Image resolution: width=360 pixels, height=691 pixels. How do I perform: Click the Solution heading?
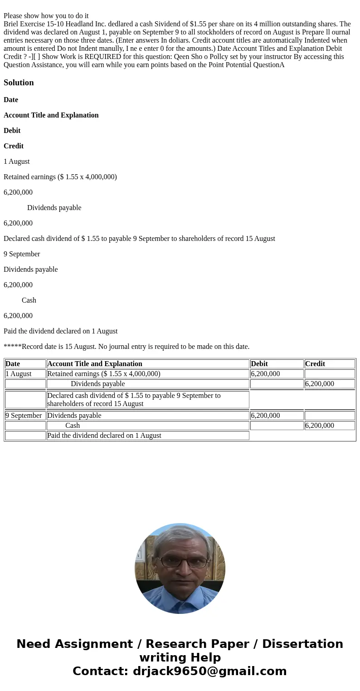point(19,83)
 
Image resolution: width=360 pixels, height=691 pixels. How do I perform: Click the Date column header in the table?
point(13,364)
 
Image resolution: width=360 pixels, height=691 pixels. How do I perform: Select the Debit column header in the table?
point(259,364)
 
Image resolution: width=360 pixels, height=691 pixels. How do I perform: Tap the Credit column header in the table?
point(315,364)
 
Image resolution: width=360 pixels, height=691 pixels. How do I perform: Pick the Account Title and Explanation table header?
point(95,364)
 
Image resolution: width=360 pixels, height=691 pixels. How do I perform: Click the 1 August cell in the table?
point(19,374)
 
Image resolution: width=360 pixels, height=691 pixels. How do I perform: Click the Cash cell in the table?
point(73,426)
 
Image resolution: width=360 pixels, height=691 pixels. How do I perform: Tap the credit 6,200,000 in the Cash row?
point(320,426)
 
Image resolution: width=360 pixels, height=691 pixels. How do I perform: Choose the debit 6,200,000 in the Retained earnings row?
point(265,374)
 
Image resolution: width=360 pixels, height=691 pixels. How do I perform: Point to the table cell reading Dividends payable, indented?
point(98,384)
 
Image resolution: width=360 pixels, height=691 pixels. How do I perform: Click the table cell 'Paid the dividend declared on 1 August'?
point(104,436)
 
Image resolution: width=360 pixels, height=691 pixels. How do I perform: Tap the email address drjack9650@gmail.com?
point(209,671)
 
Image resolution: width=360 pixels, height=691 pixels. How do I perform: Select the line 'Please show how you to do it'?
point(46,16)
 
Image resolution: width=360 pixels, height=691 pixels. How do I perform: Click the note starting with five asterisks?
point(126,347)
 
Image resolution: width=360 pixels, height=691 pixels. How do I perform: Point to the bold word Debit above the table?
point(12,131)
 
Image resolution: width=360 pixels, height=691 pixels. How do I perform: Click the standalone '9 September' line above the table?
point(22,254)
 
